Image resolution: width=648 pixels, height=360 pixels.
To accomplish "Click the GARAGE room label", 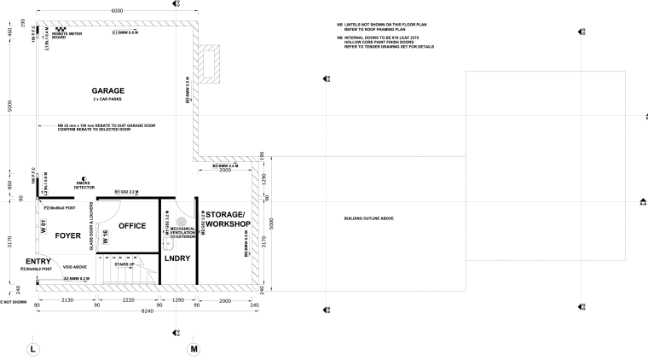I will click(x=108, y=90).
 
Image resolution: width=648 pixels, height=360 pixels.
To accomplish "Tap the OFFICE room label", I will click(x=132, y=226).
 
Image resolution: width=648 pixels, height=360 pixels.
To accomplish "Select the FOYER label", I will click(x=67, y=235).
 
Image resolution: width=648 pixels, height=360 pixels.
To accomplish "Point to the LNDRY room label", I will click(x=176, y=257).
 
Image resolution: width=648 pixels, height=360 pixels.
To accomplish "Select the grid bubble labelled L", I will click(x=32, y=349).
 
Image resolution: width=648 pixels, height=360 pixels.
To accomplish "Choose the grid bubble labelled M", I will click(x=194, y=349).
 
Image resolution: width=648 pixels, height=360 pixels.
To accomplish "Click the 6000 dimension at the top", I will click(x=117, y=10).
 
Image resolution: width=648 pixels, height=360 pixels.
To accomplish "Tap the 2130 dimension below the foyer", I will click(x=67, y=301).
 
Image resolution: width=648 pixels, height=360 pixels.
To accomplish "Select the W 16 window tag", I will click(x=105, y=238).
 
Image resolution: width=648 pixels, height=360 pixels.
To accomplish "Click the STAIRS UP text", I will click(x=125, y=264).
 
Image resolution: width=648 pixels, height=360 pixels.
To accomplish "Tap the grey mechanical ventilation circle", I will click(x=180, y=220).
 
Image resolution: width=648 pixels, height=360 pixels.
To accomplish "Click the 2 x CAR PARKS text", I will click(x=108, y=100).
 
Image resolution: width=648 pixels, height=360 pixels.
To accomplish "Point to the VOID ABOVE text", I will click(x=75, y=267).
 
